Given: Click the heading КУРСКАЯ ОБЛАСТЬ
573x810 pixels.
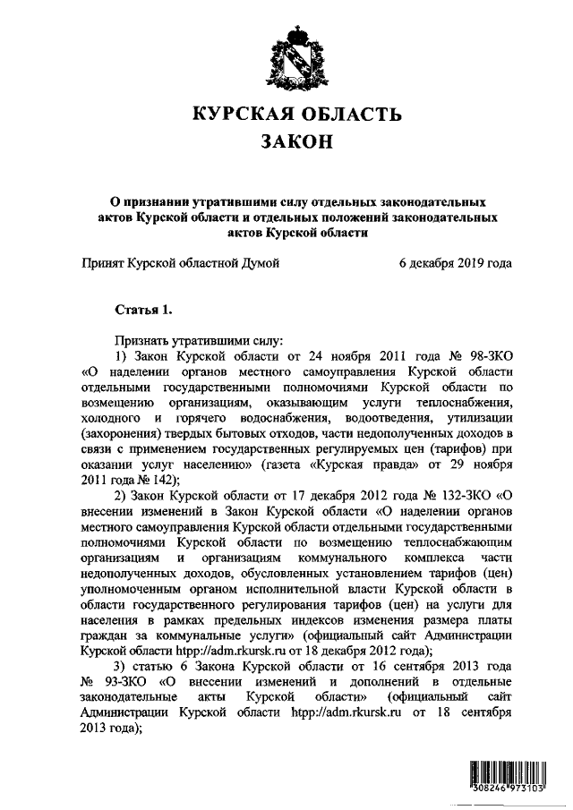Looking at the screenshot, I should pos(295,114).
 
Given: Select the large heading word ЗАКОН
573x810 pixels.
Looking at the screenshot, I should pos(295,142).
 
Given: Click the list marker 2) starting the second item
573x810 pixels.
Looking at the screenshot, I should pos(122,494).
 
